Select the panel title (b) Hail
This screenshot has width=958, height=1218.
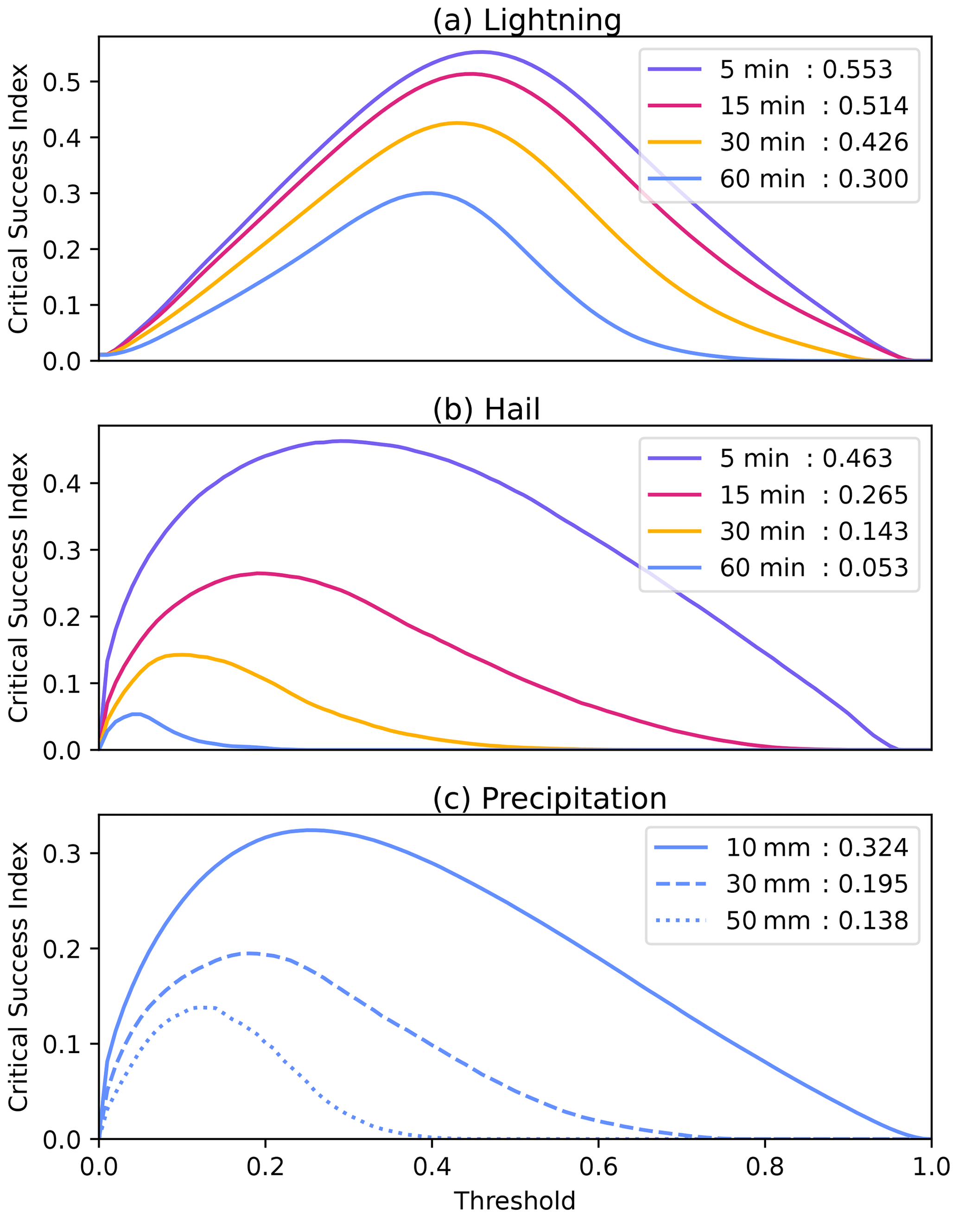pyautogui.click(x=486, y=409)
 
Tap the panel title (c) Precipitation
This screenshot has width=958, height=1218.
pyautogui.click(x=549, y=798)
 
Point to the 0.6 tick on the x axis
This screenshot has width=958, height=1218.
pyautogui.click(x=598, y=1167)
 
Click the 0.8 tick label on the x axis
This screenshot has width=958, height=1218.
pyautogui.click(x=764, y=1167)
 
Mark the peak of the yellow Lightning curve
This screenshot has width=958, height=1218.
pyautogui.click(x=457, y=123)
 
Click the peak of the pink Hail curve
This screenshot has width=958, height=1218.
pyautogui.click(x=258, y=573)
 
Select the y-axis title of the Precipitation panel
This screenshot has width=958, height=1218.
pyautogui.click(x=18, y=977)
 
